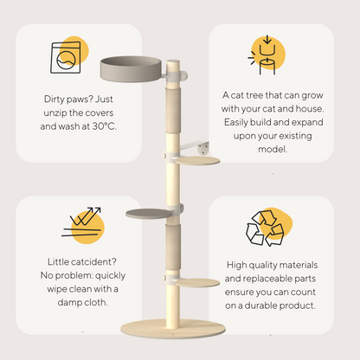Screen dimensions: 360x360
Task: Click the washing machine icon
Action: [66, 57]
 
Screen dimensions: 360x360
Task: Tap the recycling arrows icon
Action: [265, 228]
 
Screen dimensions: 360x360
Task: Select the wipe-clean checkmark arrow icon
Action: [82, 222]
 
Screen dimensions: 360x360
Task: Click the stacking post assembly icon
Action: [264, 55]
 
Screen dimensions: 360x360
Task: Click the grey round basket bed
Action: [131, 69]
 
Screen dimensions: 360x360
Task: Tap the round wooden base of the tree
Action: [173, 329]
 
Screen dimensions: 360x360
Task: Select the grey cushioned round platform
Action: [149, 214]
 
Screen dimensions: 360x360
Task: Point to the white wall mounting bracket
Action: [195, 147]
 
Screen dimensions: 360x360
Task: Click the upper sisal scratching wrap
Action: [173, 111]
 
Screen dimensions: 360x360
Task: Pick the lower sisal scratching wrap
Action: [173, 247]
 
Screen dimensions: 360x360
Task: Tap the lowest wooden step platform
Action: [197, 283]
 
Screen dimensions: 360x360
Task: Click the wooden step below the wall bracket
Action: [197, 161]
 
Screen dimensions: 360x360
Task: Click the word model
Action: [273, 149]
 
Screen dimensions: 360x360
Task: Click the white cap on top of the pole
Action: [173, 61]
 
